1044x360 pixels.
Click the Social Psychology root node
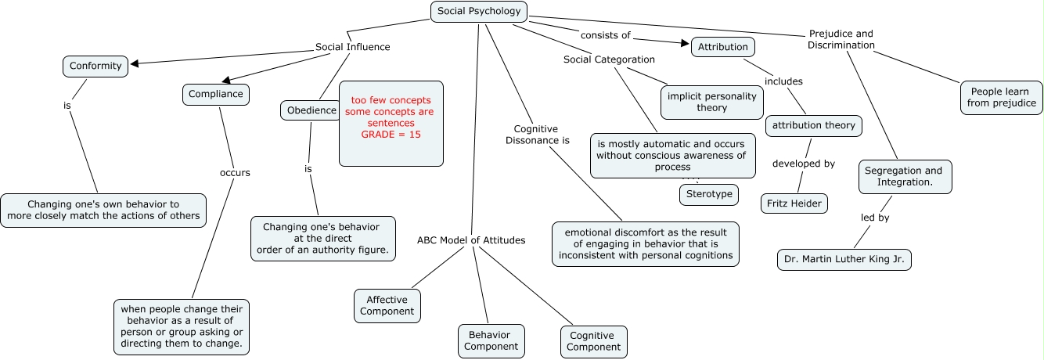click(x=479, y=12)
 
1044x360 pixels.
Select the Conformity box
click(x=95, y=67)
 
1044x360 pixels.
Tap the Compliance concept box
click(x=216, y=95)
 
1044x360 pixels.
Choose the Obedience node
click(x=311, y=111)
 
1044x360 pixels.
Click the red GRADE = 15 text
click(x=391, y=135)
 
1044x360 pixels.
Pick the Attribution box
click(x=722, y=47)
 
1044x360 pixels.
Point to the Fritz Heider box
click(x=794, y=203)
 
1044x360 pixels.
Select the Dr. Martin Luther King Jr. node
click(x=844, y=260)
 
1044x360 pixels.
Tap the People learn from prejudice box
click(x=1001, y=97)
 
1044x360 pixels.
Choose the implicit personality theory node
click(x=711, y=102)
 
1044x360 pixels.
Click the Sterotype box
click(x=708, y=194)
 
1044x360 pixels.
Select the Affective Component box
click(x=387, y=305)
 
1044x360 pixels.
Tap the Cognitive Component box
click(x=593, y=341)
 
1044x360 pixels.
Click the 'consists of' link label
click(x=605, y=35)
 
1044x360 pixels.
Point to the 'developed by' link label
click(x=804, y=164)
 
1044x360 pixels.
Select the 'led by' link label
click(x=875, y=218)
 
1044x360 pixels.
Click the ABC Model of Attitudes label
click(x=471, y=240)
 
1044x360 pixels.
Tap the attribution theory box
click(x=814, y=125)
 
